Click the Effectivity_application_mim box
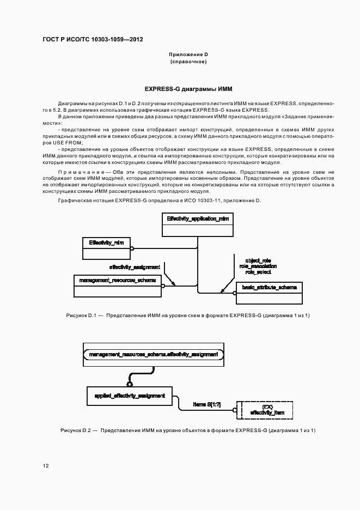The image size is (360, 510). tap(198, 224)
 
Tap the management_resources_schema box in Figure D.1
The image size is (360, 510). tap(117, 285)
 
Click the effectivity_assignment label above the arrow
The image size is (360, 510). tap(135, 267)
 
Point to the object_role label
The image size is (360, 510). tap(258, 261)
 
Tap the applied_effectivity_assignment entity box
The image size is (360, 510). tap(130, 396)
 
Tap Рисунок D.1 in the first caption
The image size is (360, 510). tap(81, 315)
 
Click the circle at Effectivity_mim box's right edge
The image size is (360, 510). tap(132, 248)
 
